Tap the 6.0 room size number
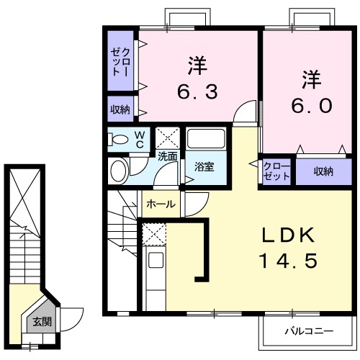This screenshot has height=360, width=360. point(312,105)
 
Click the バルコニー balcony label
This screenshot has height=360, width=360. point(307,332)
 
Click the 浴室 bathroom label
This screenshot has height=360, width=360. point(204,167)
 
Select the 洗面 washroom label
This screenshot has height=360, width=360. point(168,155)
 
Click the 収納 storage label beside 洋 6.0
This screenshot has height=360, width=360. point(323,171)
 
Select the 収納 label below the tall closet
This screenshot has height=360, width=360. point(120,109)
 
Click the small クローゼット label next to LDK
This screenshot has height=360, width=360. point(276,171)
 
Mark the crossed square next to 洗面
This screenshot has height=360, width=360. point(168,137)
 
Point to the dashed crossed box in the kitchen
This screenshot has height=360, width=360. point(153,234)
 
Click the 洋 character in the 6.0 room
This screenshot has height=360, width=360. point(311,76)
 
